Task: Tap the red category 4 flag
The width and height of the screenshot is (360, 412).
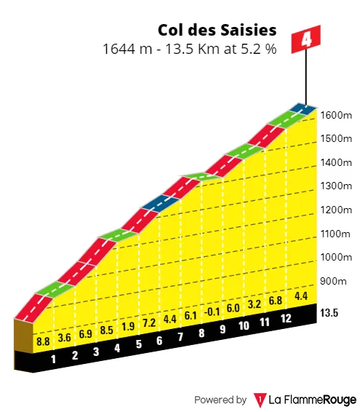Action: [306, 39]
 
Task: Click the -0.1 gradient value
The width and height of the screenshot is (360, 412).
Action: [212, 312]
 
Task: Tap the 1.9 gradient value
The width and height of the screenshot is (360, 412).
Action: [127, 326]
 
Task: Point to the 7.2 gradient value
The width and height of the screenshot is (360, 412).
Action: [148, 322]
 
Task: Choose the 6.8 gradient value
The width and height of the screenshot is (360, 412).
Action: [275, 301]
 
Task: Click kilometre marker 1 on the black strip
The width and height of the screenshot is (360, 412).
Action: [53, 358]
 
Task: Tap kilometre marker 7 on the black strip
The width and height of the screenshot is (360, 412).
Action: [180, 337]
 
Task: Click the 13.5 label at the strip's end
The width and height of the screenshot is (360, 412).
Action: [331, 314]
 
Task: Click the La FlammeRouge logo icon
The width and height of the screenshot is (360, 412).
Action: [260, 400]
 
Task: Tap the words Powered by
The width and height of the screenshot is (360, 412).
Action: [220, 400]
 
